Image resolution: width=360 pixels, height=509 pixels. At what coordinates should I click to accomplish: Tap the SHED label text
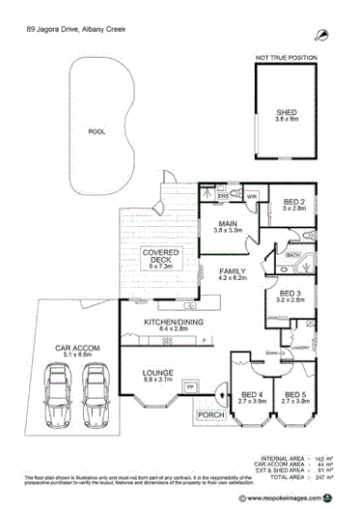pyautogui.click(x=286, y=112)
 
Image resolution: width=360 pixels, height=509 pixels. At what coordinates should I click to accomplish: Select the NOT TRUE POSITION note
pyautogui.click(x=286, y=59)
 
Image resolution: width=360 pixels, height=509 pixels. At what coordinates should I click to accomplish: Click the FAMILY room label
pyautogui.click(x=234, y=272)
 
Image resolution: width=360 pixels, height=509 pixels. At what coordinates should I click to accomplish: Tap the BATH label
pyautogui.click(x=293, y=255)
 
